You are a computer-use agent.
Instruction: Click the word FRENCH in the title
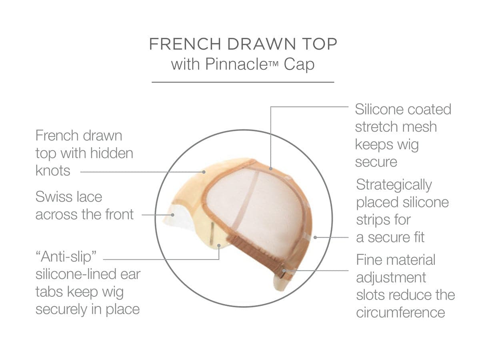[185, 44]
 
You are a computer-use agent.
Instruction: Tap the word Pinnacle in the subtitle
[236, 64]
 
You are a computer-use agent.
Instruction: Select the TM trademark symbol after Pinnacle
[273, 64]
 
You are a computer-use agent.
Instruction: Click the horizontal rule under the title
[243, 82]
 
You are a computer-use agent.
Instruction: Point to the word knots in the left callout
[53, 171]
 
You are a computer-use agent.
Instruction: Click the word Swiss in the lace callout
[52, 197]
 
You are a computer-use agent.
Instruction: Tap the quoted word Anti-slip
[66, 257]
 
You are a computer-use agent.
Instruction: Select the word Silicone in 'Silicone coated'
[379, 109]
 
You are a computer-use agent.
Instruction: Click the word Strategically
[394, 185]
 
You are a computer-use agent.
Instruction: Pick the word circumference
[401, 312]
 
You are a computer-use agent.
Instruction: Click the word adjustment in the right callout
[391, 278]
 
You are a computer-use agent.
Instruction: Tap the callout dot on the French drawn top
[204, 172]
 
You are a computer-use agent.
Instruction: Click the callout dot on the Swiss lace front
[172, 215]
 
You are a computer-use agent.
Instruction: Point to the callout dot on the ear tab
[219, 246]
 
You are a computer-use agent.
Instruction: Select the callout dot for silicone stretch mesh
[271, 168]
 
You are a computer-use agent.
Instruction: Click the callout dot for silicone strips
[315, 237]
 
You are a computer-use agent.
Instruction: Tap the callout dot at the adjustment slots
[284, 271]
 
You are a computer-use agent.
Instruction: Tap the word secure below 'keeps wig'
[376, 162]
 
